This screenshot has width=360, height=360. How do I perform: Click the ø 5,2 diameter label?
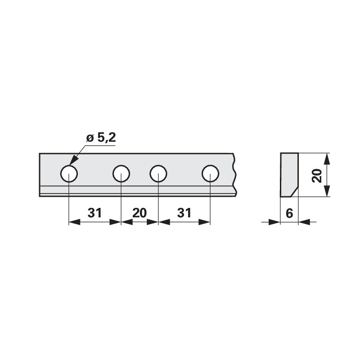click(x=101, y=138)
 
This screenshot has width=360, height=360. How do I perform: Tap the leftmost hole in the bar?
click(x=69, y=174)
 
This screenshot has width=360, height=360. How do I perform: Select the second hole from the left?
click(x=121, y=174)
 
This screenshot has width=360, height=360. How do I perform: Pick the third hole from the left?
click(x=158, y=174)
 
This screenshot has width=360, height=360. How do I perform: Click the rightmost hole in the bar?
click(x=210, y=174)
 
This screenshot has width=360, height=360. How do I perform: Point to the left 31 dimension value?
click(x=94, y=213)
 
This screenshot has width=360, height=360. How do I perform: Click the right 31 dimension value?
click(x=184, y=213)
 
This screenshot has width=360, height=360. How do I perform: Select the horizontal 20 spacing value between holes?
click(x=139, y=213)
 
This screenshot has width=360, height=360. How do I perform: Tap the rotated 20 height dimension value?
click(x=317, y=176)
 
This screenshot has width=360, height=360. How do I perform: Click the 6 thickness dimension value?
click(x=289, y=213)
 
